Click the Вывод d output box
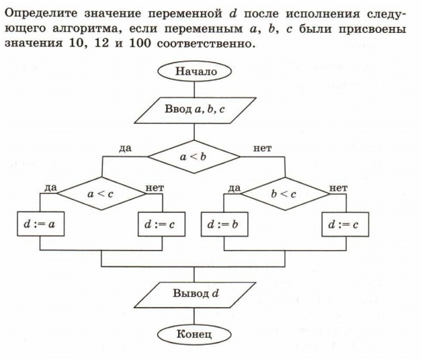(194, 294)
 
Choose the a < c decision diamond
(101, 193)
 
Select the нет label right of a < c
(155, 187)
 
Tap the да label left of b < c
(233, 187)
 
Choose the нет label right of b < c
(339, 187)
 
